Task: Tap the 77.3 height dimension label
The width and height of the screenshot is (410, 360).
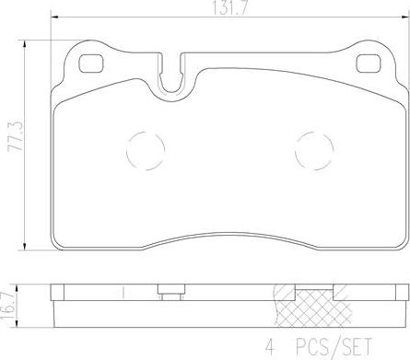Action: coord(15,135)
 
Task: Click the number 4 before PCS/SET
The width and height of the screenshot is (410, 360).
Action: coord(269,346)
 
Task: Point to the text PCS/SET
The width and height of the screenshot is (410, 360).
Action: coord(334,346)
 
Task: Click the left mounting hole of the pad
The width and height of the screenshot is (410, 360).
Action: coord(91,64)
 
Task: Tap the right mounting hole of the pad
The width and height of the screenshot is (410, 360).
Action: coord(368,64)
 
